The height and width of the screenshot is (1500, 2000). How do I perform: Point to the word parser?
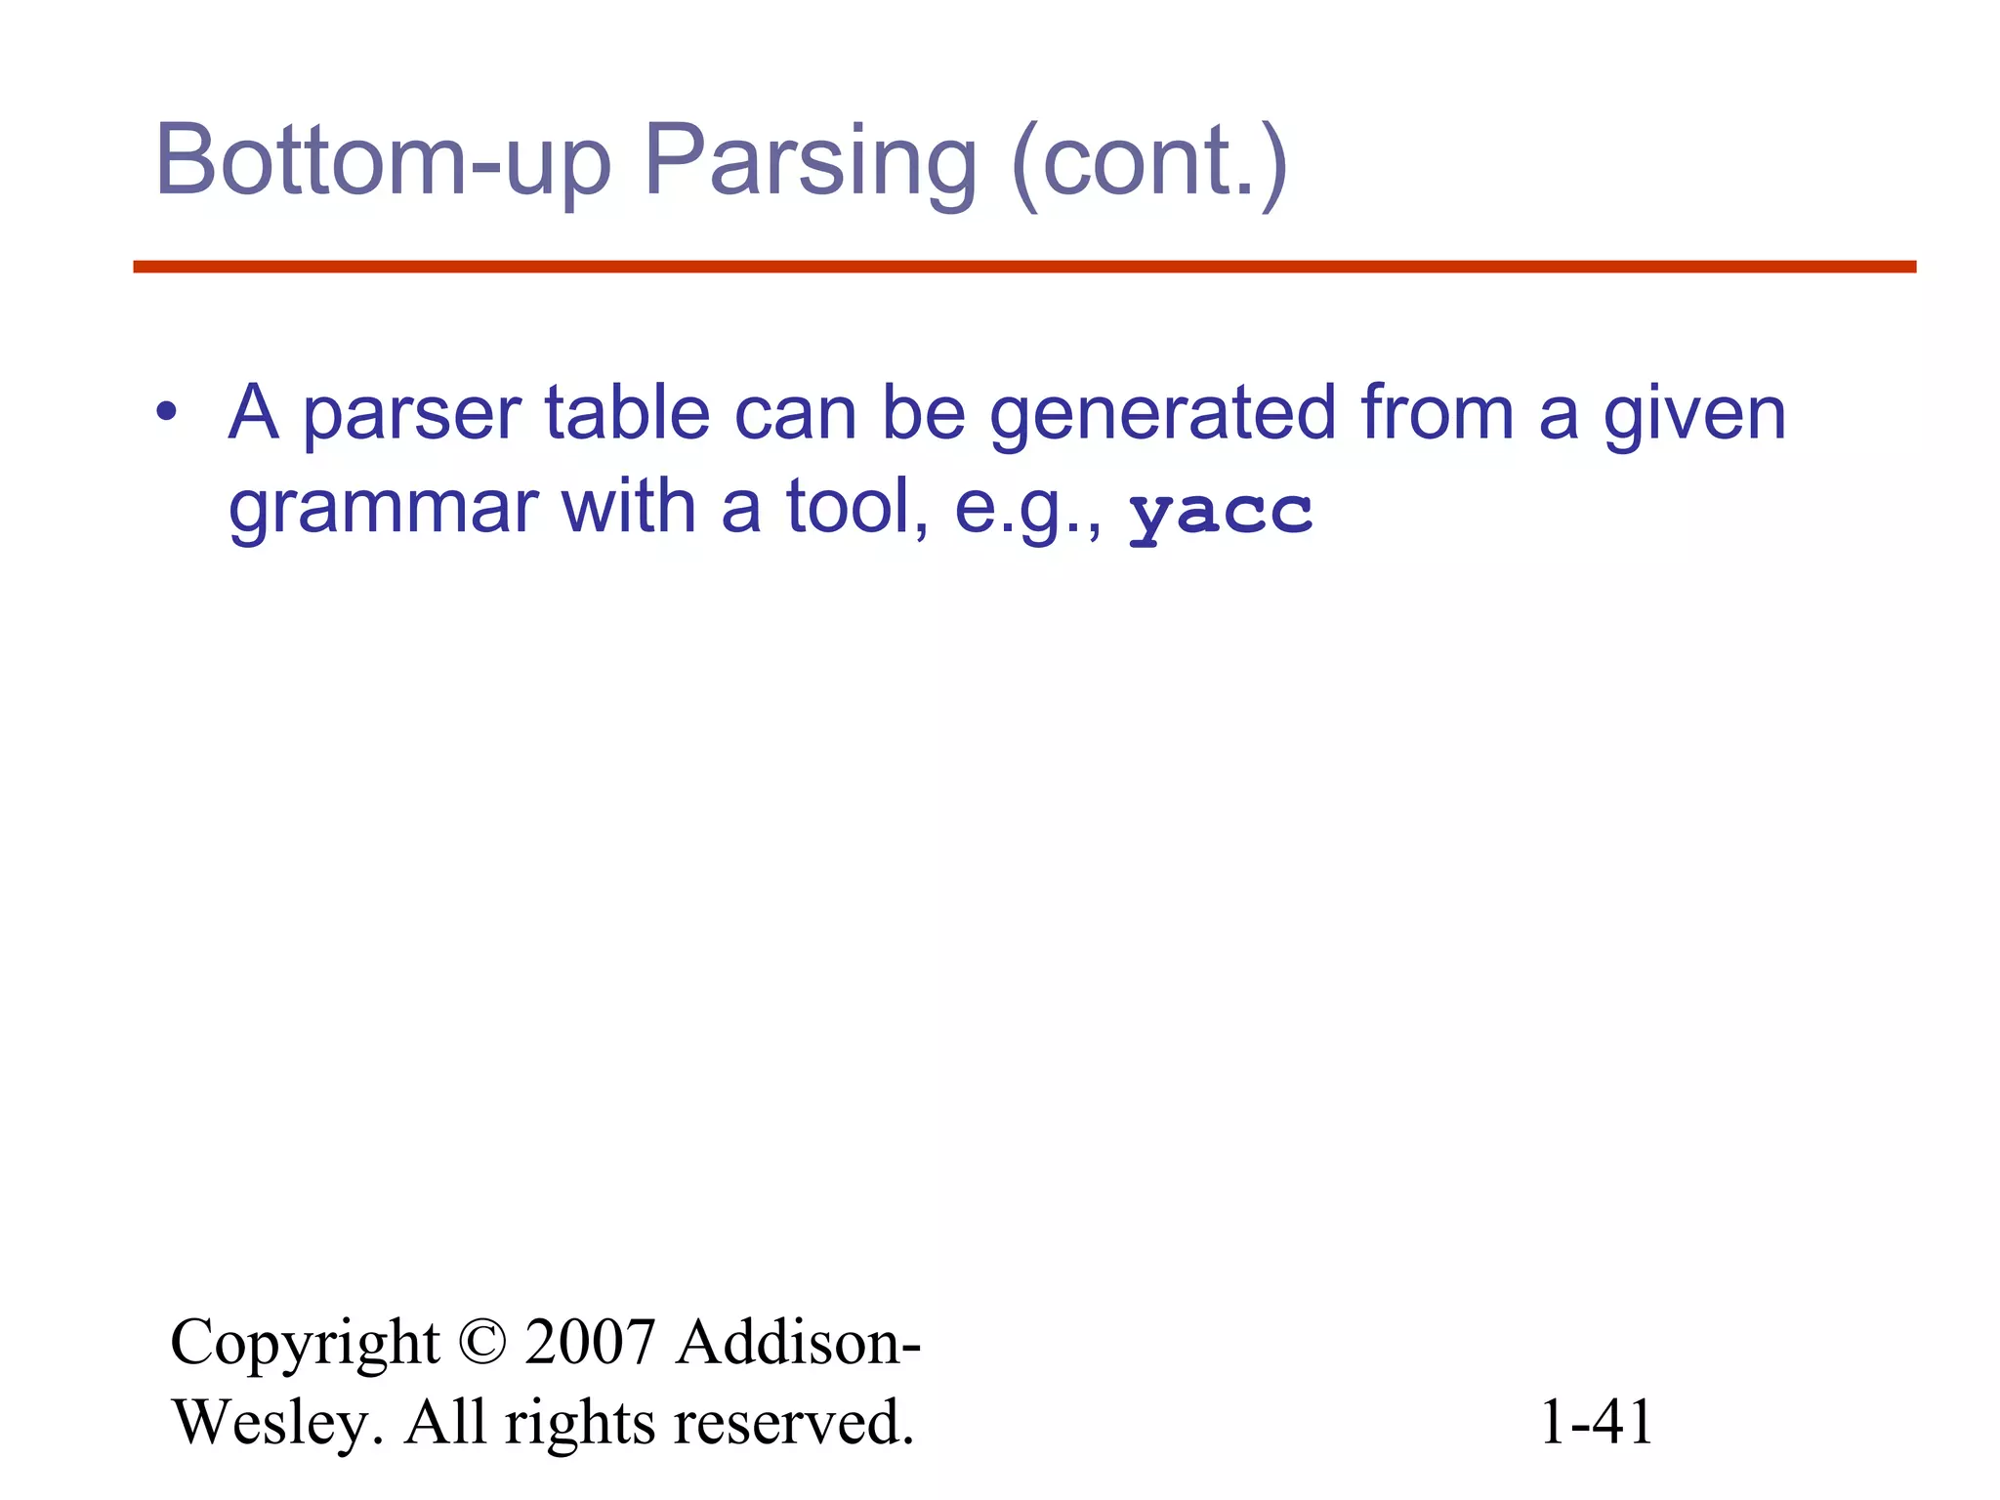411,415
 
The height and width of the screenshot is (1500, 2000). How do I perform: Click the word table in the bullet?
626,412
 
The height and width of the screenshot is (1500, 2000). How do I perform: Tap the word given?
1694,415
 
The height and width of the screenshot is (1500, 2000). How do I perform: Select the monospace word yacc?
1221,513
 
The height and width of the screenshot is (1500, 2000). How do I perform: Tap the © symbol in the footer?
481,1343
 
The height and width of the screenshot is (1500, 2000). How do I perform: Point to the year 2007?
589,1343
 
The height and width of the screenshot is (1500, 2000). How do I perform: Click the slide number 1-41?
1596,1422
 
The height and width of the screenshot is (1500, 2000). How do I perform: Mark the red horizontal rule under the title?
1024,267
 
